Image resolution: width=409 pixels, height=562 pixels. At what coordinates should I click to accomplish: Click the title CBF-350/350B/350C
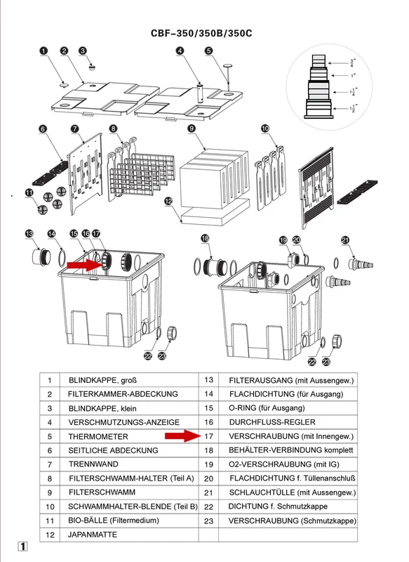pyautogui.click(x=201, y=33)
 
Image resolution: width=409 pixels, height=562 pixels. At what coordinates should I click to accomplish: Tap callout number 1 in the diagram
pyautogui.click(x=43, y=51)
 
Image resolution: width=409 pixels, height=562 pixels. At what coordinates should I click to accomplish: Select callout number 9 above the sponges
pyautogui.click(x=192, y=128)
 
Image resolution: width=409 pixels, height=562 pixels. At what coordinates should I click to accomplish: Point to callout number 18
pyautogui.click(x=205, y=238)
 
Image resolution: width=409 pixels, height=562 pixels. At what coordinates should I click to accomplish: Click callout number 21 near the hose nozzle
pyautogui.click(x=345, y=240)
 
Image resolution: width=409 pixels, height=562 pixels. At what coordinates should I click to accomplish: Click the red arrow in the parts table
pyautogui.click(x=183, y=436)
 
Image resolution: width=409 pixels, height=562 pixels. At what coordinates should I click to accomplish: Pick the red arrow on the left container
pyautogui.click(x=85, y=266)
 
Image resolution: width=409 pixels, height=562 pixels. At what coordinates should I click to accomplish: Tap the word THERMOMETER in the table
pyautogui.click(x=98, y=436)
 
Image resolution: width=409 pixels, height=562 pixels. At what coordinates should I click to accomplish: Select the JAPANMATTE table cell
pyautogui.click(x=93, y=535)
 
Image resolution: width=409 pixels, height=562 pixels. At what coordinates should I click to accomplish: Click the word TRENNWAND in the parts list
pyautogui.click(x=93, y=464)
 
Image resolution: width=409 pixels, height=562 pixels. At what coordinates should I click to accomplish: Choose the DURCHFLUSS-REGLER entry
pyautogui.click(x=272, y=422)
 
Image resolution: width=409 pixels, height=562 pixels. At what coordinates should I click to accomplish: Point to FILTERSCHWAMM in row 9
pyautogui.click(x=102, y=492)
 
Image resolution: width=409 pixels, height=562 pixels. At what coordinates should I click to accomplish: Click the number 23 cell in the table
pyautogui.click(x=208, y=521)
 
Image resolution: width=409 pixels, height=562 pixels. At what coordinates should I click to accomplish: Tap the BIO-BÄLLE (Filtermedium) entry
pyautogui.click(x=114, y=521)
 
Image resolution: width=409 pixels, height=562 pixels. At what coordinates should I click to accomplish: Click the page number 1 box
pyautogui.click(x=22, y=547)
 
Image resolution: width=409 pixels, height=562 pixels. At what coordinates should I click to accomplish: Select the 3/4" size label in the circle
pyautogui.click(x=352, y=63)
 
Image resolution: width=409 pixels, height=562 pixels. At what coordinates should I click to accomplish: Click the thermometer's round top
pyautogui.click(x=227, y=65)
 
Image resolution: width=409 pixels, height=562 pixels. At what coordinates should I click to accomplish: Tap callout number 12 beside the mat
pyautogui.click(x=168, y=201)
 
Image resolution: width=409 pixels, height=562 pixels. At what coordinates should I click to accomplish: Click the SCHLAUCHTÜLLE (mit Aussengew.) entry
pyautogui.click(x=293, y=492)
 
